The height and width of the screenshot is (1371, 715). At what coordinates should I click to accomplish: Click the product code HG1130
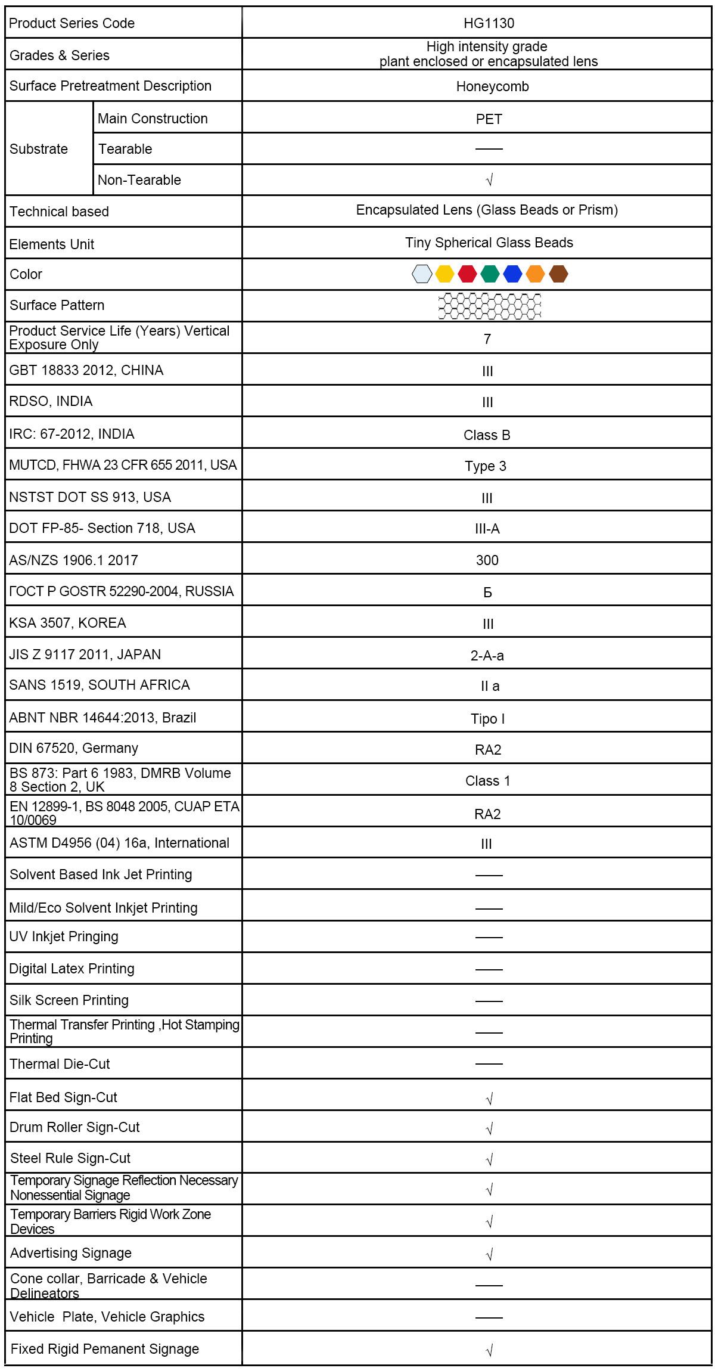click(x=489, y=23)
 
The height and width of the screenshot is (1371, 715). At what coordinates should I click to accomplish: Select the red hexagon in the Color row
click(x=467, y=274)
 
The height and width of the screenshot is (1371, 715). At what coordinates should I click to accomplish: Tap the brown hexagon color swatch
click(x=558, y=274)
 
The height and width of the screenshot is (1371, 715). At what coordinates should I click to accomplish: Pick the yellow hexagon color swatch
click(x=444, y=274)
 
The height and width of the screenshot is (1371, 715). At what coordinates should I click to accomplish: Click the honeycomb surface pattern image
click(x=490, y=306)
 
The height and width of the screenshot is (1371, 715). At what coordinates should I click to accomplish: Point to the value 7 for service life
click(x=487, y=339)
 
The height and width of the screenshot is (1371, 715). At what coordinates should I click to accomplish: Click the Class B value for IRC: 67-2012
click(x=487, y=435)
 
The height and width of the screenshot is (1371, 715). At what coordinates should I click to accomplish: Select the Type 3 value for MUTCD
click(x=486, y=466)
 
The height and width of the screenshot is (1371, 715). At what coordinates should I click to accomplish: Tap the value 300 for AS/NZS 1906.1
click(x=487, y=560)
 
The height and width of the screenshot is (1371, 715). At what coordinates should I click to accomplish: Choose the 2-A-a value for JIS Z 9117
click(x=487, y=656)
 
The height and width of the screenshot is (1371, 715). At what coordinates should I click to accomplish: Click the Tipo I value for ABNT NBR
click(x=487, y=719)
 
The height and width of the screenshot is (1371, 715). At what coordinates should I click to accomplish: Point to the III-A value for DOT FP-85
click(x=487, y=529)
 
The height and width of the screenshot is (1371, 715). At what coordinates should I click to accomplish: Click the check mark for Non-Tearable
click(x=489, y=180)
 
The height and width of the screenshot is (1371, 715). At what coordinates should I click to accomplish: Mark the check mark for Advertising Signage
click(x=489, y=1255)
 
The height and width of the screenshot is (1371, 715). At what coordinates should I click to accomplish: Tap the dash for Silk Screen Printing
click(x=489, y=1001)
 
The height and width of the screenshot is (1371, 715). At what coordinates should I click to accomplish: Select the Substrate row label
click(x=39, y=149)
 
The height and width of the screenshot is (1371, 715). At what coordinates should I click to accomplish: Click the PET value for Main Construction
click(x=489, y=119)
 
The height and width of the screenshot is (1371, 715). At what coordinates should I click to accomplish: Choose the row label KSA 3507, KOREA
click(x=67, y=623)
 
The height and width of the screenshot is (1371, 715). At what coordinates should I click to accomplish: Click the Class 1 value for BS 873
click(x=487, y=781)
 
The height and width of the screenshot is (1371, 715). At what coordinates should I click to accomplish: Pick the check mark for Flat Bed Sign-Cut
click(x=489, y=1099)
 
